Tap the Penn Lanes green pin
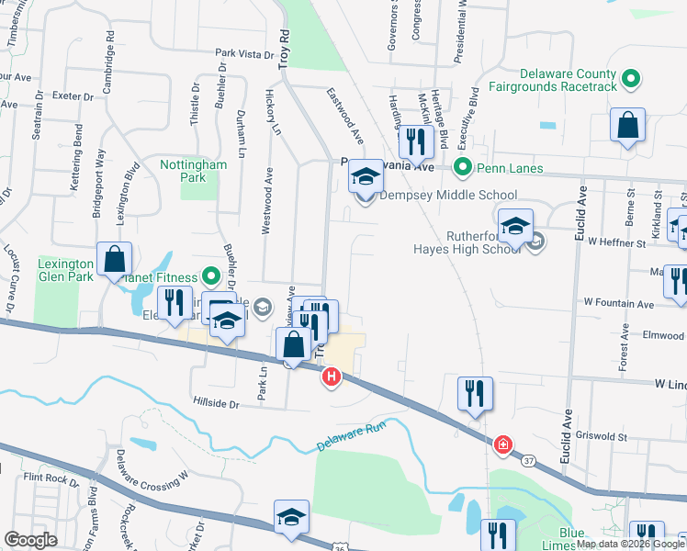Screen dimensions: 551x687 pyautogui.click(x=464, y=168)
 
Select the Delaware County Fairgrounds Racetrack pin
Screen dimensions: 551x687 pyautogui.click(x=630, y=80)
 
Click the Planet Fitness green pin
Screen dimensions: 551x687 pyautogui.click(x=210, y=276)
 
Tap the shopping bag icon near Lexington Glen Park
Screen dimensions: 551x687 pyautogui.click(x=115, y=260)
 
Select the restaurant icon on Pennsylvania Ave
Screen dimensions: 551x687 pyautogui.click(x=416, y=141)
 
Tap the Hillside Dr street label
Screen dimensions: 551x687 pyautogui.click(x=216, y=402)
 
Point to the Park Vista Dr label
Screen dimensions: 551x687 pyautogui.click(x=246, y=54)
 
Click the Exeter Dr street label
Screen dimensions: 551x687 pyautogui.click(x=74, y=96)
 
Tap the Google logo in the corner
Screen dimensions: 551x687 pyautogui.click(x=30, y=539)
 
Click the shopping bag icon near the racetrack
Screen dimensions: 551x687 pyautogui.click(x=627, y=127)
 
